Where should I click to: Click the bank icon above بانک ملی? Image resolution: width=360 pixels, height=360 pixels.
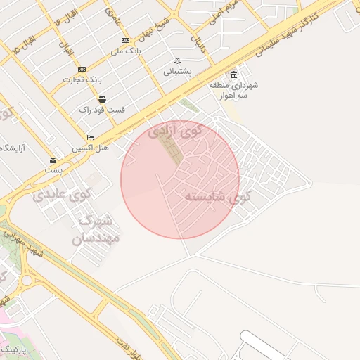[126, 40]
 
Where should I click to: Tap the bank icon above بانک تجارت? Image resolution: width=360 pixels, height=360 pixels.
[82, 69]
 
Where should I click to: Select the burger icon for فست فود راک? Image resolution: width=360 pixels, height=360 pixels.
[103, 99]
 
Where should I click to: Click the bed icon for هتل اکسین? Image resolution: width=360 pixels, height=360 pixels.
[90, 137]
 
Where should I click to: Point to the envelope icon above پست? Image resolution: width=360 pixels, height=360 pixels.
[53, 160]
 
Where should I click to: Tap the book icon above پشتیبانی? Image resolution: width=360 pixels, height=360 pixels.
[177, 60]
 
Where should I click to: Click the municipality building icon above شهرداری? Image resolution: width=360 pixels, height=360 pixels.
[233, 75]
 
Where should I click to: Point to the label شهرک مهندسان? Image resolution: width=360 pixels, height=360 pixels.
[97, 229]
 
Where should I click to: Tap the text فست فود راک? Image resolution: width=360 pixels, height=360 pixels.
[102, 110]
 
